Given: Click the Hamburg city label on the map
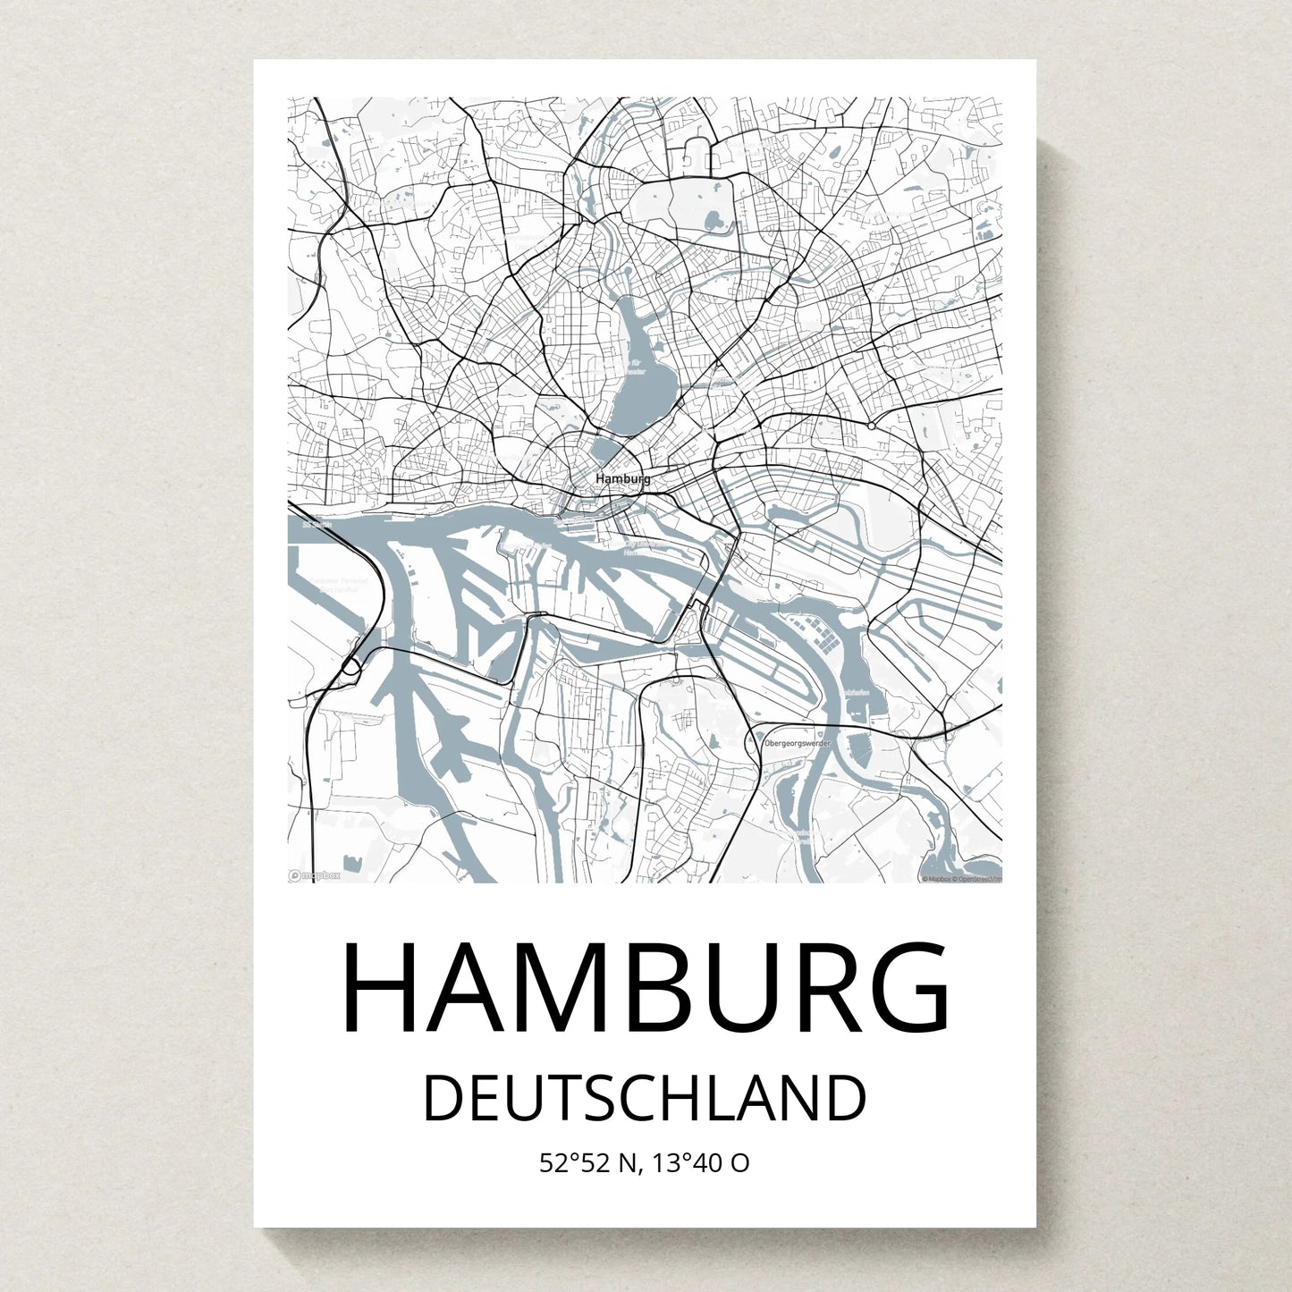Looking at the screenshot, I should coord(623,479).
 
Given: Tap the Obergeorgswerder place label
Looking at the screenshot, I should coord(798,743).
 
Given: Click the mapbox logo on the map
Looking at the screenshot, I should coord(315,876).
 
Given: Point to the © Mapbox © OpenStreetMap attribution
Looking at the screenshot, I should coord(961,879).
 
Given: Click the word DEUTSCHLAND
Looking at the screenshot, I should coord(645,1098).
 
